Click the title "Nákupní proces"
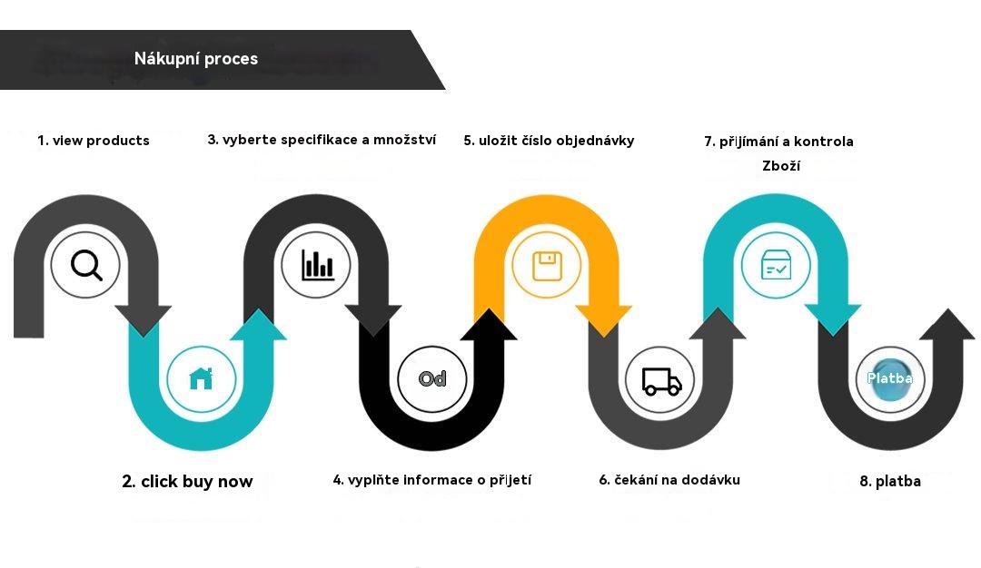click(x=196, y=59)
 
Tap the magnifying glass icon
click(x=86, y=265)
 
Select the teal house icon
click(x=201, y=378)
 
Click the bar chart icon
click(x=317, y=265)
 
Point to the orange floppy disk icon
click(x=547, y=266)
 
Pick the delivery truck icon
click(x=661, y=381)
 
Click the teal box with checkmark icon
click(x=776, y=265)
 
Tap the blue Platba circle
click(x=889, y=378)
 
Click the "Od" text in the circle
click(x=432, y=378)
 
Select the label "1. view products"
click(x=94, y=141)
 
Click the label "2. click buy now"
click(x=187, y=481)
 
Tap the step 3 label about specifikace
click(x=322, y=140)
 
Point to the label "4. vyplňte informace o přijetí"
click(x=431, y=480)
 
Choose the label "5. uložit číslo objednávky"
click(x=549, y=141)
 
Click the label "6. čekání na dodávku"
click(x=669, y=480)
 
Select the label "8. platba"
click(x=889, y=481)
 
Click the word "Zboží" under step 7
click(x=781, y=165)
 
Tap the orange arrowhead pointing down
click(x=604, y=320)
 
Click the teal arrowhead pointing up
click(x=258, y=325)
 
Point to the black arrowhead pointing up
click(x=489, y=324)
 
